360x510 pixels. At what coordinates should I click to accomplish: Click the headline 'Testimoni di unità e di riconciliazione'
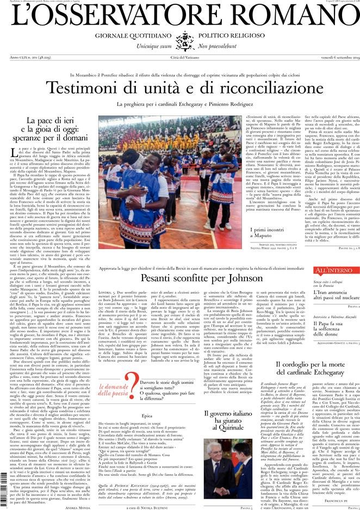click(x=179, y=88)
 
